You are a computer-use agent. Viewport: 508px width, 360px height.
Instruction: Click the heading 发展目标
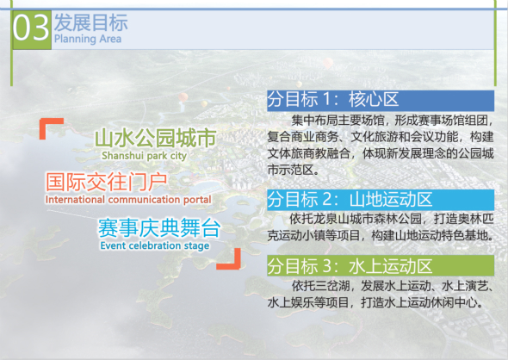[89, 22]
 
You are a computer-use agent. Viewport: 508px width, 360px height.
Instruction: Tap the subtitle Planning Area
[88, 40]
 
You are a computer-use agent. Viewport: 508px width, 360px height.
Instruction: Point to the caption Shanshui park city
[144, 157]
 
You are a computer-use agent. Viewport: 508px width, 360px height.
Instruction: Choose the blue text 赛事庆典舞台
[158, 229]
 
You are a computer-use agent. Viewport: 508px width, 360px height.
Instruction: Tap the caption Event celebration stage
[154, 246]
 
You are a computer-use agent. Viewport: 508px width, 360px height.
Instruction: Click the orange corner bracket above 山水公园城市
[50, 127]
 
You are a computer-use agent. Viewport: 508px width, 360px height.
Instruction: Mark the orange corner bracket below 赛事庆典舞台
[227, 257]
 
